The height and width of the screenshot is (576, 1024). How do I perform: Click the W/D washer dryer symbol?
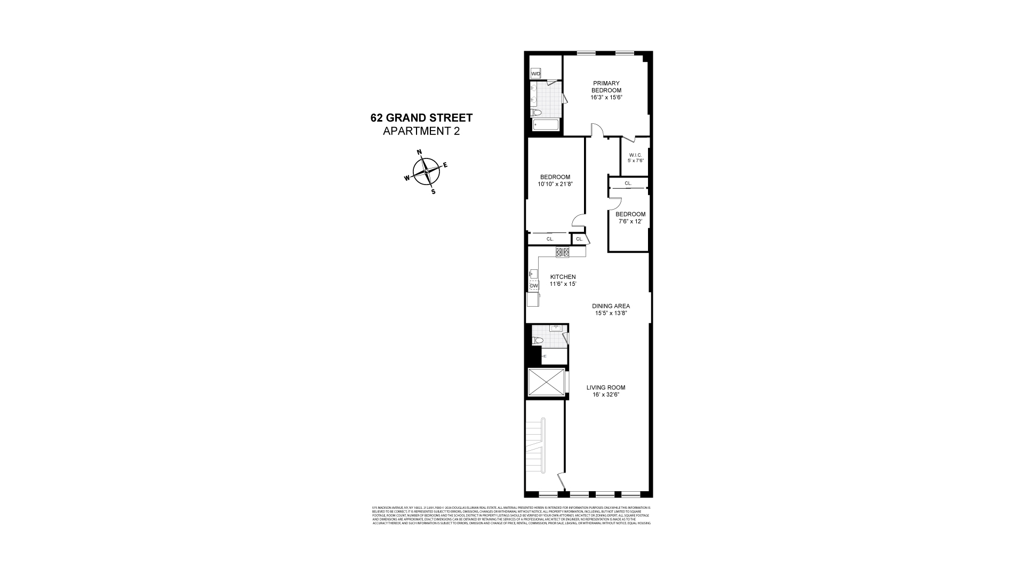535,74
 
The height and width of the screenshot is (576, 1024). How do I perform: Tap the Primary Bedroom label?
606,87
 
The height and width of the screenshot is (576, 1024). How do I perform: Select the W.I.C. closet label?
635,155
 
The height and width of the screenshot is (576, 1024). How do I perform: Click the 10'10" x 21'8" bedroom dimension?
555,185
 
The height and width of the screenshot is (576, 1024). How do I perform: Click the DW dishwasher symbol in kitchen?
534,286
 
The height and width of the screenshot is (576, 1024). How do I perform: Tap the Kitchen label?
563,277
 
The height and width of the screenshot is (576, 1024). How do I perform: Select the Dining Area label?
611,306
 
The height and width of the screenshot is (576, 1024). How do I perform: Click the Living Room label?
606,388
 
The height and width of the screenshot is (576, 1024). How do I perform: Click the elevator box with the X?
546,382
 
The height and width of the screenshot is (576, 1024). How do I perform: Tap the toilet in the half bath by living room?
538,341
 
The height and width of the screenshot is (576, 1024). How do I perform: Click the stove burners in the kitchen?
562,253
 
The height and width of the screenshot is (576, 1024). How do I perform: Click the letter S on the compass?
433,192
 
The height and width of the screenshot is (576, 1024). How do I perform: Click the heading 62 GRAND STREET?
421,118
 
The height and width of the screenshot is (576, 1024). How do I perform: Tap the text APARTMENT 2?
421,131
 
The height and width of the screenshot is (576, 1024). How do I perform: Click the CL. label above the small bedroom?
628,183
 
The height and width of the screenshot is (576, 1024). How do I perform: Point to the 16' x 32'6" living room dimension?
606,395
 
